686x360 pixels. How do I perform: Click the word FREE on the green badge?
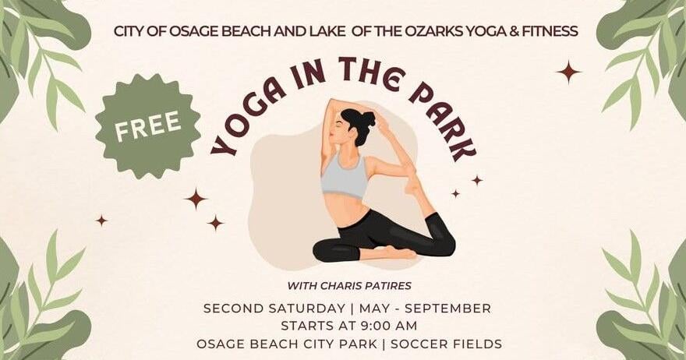(148, 126)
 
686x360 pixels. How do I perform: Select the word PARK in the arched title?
(444, 117)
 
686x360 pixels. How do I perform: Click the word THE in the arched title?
(362, 73)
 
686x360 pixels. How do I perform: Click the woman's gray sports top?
(345, 175)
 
